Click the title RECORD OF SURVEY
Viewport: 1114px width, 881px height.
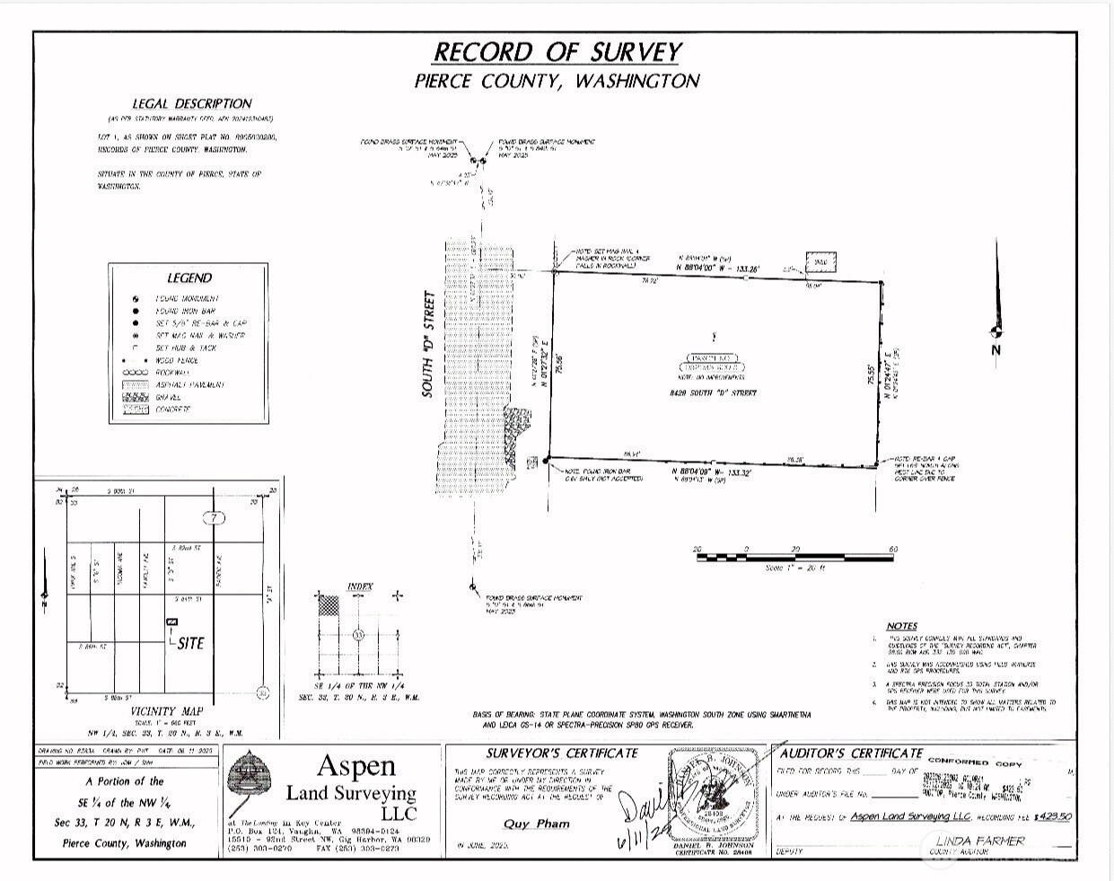point(557,52)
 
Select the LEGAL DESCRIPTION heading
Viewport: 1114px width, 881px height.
point(192,103)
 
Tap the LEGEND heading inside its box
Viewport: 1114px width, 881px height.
point(189,278)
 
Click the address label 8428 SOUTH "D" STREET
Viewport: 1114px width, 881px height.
point(715,393)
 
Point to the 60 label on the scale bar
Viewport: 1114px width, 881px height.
point(892,549)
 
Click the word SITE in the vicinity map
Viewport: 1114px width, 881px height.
point(190,643)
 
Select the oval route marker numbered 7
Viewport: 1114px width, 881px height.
point(213,518)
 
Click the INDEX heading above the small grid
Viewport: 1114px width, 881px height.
point(360,586)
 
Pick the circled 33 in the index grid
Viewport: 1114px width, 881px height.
point(358,635)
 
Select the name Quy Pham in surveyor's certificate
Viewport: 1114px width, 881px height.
point(535,824)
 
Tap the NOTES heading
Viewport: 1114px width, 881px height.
point(901,626)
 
